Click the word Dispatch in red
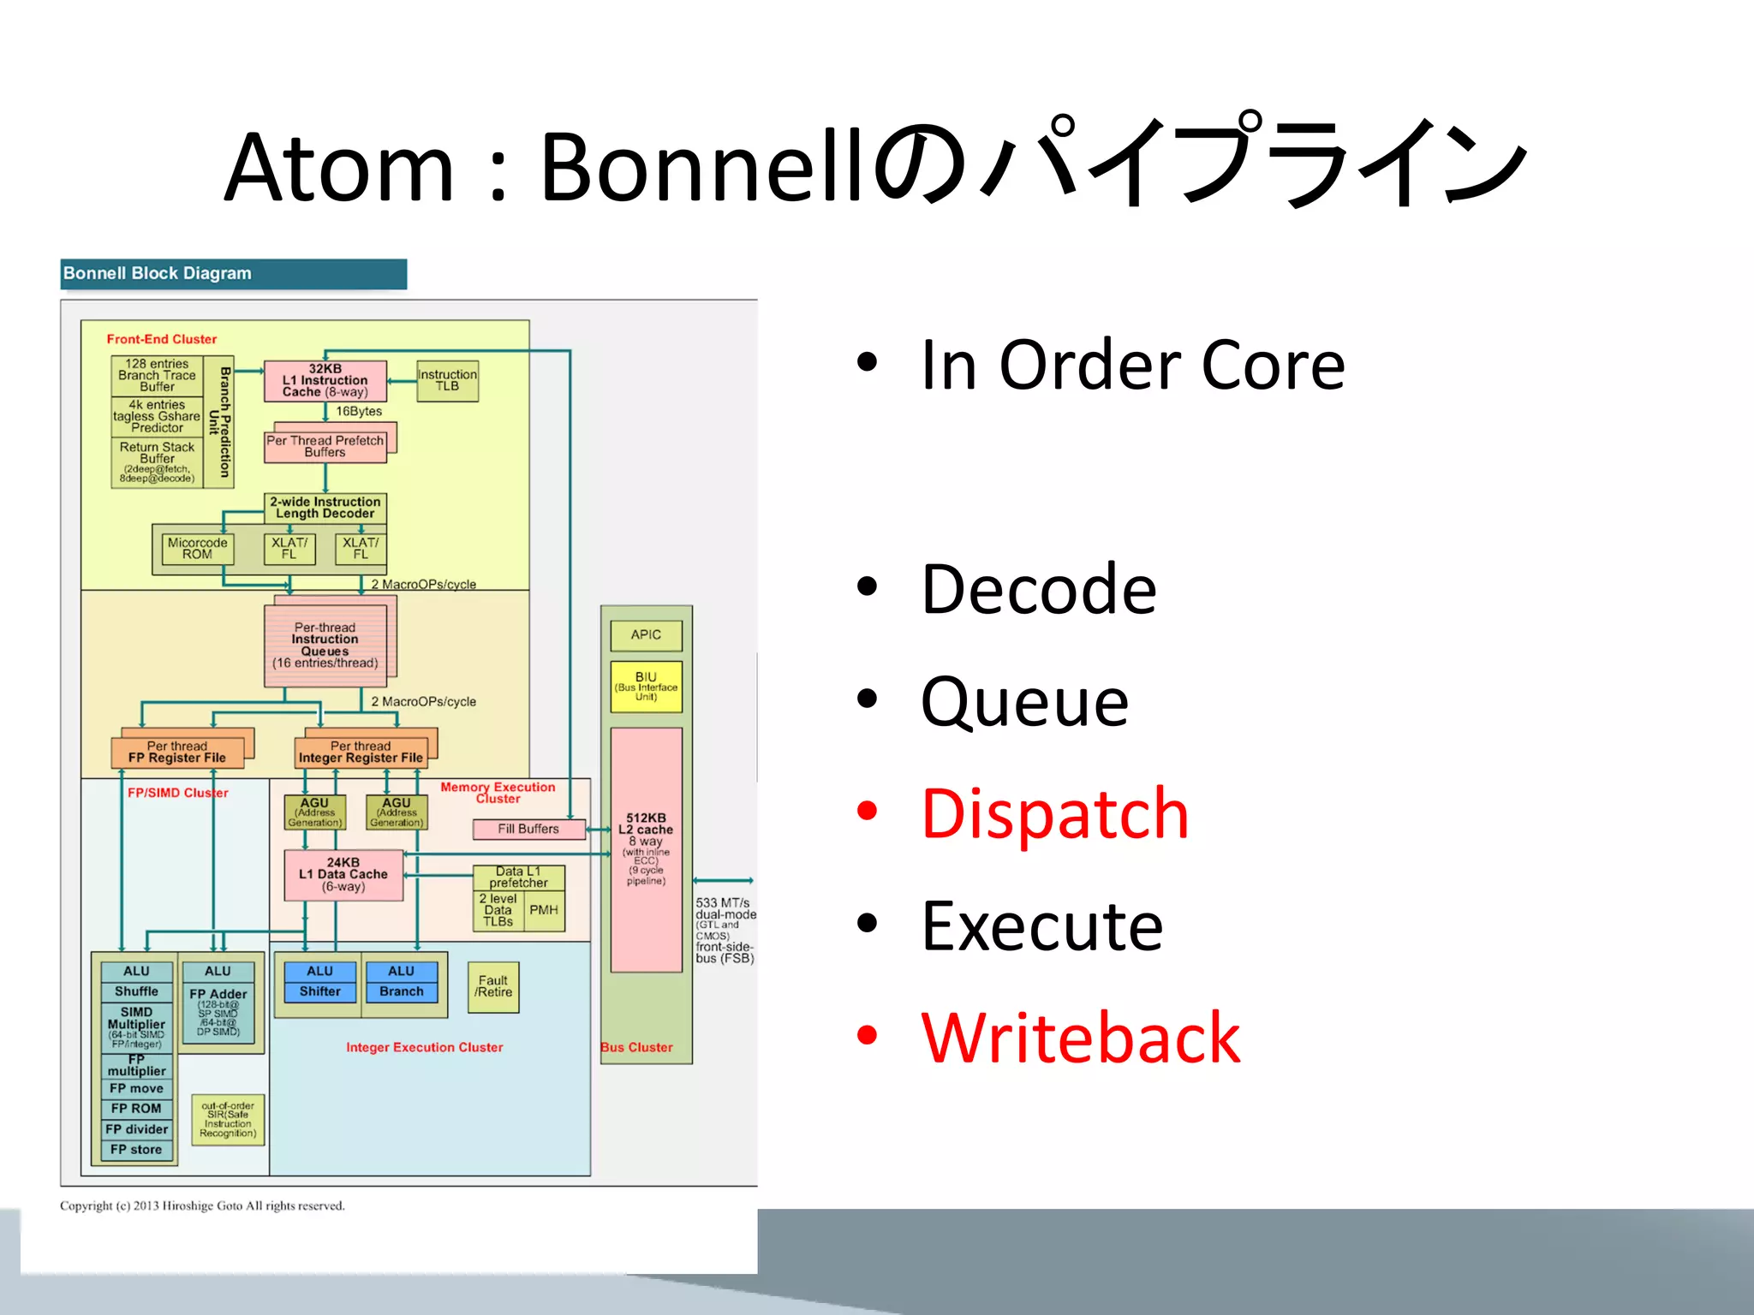point(1054,813)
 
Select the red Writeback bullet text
point(1080,1038)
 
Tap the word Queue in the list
point(1024,701)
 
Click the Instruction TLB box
point(447,381)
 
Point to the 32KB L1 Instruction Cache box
point(325,381)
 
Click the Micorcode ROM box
point(197,549)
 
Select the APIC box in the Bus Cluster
point(646,635)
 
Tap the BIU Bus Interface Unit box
point(646,686)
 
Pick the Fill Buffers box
point(528,829)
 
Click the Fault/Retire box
point(493,987)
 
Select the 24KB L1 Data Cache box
point(343,875)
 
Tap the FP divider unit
point(136,1129)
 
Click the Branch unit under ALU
point(401,991)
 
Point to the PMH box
point(544,910)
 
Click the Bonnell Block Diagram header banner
point(233,274)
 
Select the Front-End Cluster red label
point(162,339)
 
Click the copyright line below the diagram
point(202,1206)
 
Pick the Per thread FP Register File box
point(177,753)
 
